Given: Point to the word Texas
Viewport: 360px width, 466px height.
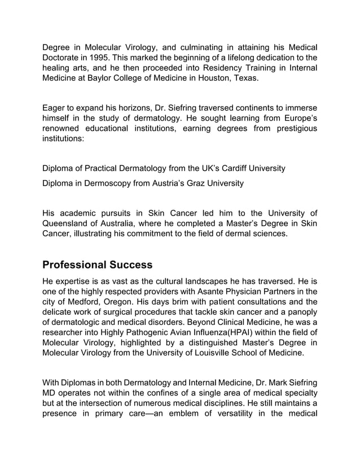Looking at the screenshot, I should tap(247, 78).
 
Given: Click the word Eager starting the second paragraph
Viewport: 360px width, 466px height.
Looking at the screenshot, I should tap(55, 108).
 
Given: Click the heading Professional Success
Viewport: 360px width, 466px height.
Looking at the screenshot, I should tap(97, 264).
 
